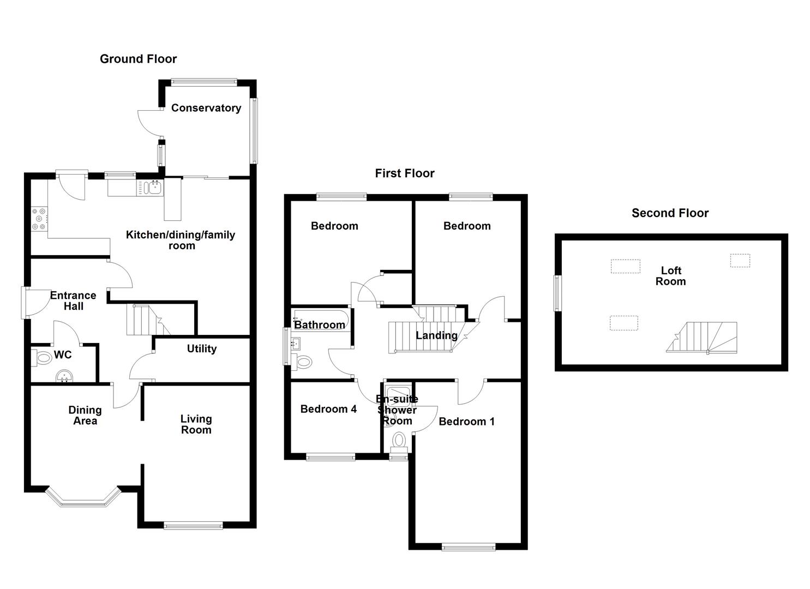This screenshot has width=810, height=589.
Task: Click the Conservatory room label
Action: (206, 108)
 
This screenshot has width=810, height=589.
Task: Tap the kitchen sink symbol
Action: (151, 188)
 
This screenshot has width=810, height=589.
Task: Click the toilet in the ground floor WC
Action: (43, 359)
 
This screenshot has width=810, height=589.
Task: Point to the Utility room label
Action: (201, 349)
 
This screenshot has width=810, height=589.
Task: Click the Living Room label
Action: (196, 424)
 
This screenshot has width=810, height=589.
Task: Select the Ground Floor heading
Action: (138, 59)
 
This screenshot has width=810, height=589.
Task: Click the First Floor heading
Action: (404, 173)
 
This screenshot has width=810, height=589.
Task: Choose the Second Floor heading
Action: (669, 213)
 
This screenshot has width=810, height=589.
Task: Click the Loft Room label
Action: (670, 276)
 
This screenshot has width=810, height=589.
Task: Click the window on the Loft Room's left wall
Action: (557, 293)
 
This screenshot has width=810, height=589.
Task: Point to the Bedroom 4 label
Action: (328, 409)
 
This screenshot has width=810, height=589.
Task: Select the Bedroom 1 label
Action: (466, 422)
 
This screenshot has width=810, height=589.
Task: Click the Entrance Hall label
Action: (73, 300)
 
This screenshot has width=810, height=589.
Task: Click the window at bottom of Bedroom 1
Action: (468, 546)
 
